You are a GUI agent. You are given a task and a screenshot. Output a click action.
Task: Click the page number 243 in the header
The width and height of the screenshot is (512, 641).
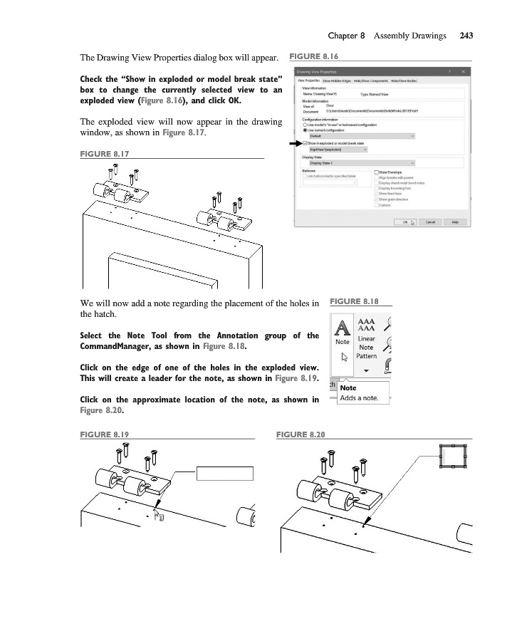click(466, 35)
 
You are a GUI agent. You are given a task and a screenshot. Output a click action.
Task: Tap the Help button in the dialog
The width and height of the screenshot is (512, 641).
click(454, 222)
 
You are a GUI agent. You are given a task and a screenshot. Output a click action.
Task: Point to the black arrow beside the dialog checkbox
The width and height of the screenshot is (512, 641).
click(293, 143)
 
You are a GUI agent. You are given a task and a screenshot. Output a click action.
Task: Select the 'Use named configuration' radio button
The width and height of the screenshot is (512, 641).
click(305, 130)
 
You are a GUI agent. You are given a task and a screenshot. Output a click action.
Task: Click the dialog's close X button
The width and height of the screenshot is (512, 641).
click(464, 71)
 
